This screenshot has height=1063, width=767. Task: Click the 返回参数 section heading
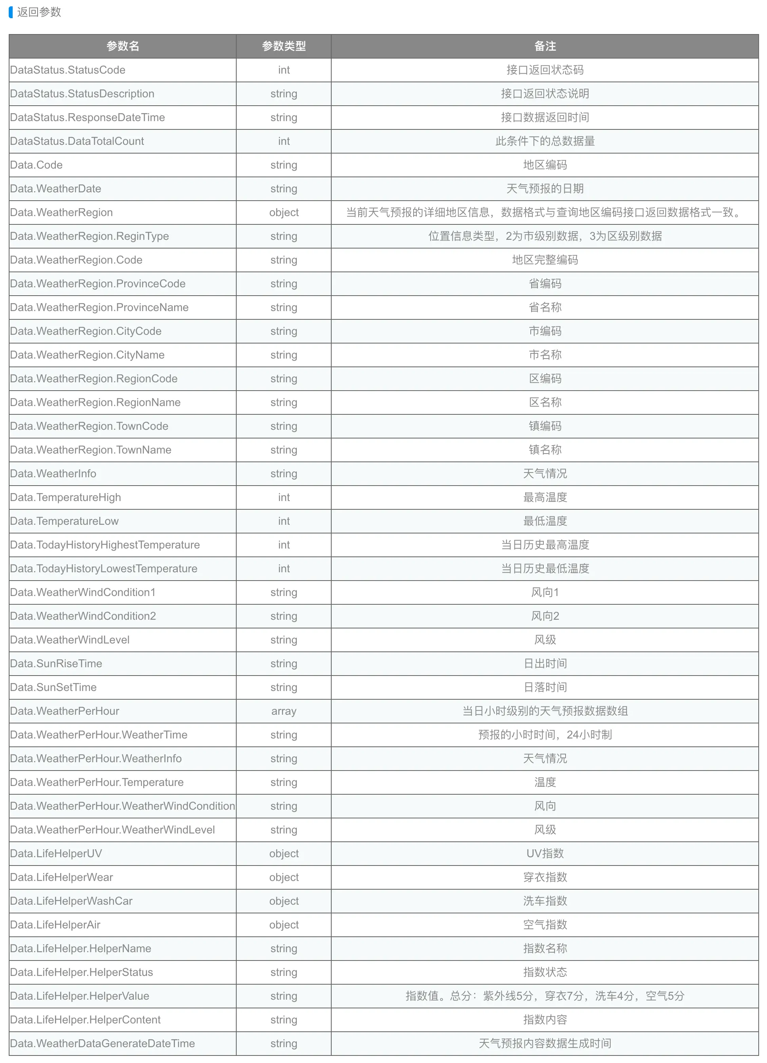39,12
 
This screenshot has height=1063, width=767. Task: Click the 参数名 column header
122,46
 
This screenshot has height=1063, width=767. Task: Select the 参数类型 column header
284,46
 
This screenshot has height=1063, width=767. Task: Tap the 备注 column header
545,46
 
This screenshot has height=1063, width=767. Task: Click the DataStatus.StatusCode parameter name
68,70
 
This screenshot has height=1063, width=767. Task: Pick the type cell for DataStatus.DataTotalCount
284,141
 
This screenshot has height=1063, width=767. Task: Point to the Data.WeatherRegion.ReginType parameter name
89,236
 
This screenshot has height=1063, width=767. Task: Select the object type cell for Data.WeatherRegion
284,212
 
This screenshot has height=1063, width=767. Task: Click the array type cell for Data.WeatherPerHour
284,711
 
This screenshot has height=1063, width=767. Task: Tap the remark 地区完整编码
545,260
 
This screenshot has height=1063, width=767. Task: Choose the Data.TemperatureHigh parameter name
65,497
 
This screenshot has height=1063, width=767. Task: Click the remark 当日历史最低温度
545,569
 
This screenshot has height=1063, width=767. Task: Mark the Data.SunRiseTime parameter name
56,664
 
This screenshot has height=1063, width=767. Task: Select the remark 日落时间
545,687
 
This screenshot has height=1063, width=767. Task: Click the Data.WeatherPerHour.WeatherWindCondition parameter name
122,806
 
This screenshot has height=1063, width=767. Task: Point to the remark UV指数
545,854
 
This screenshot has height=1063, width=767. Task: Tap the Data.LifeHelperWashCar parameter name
71,901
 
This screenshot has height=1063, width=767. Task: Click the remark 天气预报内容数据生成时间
545,1043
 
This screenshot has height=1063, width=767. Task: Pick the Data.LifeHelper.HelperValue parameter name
80,996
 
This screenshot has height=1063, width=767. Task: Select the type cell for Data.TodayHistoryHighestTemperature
284,545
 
